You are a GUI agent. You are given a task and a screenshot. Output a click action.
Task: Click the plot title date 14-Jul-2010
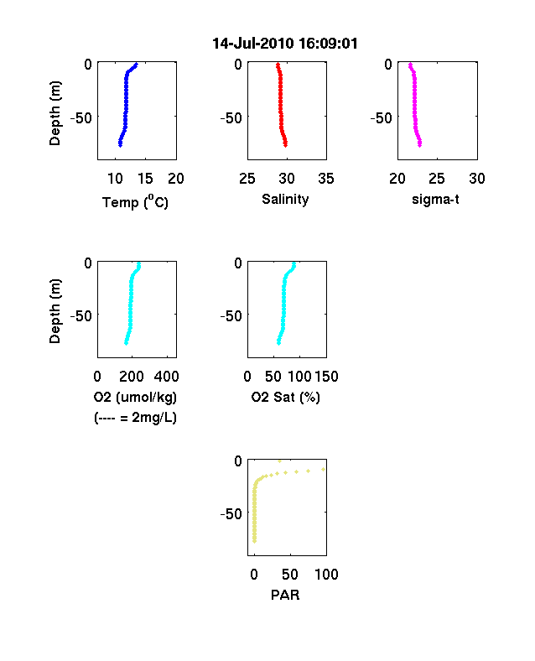pyautogui.click(x=253, y=44)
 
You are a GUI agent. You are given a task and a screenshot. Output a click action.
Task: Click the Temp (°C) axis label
pyautogui.click(x=135, y=202)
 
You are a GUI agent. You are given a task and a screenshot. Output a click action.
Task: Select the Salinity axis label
pyautogui.click(x=285, y=200)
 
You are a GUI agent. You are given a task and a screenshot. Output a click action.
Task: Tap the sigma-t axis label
pyautogui.click(x=435, y=199)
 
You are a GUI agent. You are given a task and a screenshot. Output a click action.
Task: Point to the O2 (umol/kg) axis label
pyautogui.click(x=135, y=397)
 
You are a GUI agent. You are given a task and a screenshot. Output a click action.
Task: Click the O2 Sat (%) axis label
pyautogui.click(x=286, y=397)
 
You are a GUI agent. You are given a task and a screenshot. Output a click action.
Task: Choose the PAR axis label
pyautogui.click(x=285, y=595)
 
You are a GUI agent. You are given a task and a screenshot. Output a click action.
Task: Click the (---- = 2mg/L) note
pyautogui.click(x=135, y=418)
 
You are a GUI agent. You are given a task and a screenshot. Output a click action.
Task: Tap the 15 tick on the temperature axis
pyautogui.click(x=145, y=179)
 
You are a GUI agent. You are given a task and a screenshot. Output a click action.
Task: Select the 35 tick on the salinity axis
pyautogui.click(x=326, y=179)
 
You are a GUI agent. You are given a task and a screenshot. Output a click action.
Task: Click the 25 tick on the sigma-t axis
pyautogui.click(x=437, y=179)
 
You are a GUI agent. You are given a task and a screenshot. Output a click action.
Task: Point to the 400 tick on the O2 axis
pyautogui.click(x=166, y=377)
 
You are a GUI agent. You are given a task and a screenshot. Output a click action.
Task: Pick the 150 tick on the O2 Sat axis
pyautogui.click(x=326, y=377)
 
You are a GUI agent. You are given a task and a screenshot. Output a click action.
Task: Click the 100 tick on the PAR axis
pyautogui.click(x=326, y=574)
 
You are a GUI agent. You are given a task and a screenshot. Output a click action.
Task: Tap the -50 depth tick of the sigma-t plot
pyautogui.click(x=381, y=118)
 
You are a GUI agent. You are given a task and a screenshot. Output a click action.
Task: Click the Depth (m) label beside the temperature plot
pyautogui.click(x=55, y=113)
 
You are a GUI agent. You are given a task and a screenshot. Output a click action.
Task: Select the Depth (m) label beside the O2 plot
pyautogui.click(x=55, y=310)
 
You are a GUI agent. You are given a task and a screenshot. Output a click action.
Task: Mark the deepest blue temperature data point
pyautogui.click(x=121, y=145)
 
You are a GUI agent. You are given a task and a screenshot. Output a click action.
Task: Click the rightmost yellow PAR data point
pyautogui.click(x=324, y=469)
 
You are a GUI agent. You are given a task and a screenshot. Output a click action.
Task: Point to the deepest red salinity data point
pyautogui.click(x=286, y=145)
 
